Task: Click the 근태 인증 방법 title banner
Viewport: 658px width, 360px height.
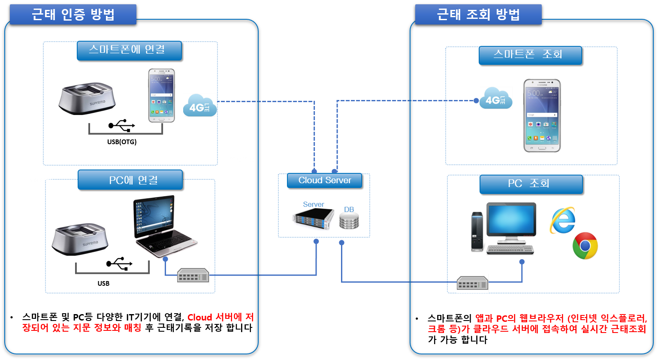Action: click(73, 14)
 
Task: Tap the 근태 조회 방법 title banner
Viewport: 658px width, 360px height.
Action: click(478, 14)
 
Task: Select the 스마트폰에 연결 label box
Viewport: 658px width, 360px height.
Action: click(129, 51)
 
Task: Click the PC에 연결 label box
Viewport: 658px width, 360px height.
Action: click(130, 179)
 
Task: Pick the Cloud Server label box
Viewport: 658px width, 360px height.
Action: click(325, 181)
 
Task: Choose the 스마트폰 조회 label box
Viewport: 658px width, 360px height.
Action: click(531, 55)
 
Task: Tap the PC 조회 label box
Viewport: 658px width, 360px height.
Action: click(531, 184)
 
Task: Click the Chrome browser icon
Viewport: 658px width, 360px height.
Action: click(585, 246)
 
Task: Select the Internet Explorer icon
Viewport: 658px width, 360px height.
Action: click(562, 221)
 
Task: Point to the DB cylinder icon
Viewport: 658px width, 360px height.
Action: click(349, 221)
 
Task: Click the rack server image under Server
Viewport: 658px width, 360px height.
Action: click(314, 218)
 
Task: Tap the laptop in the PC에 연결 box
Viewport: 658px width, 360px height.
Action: click(165, 226)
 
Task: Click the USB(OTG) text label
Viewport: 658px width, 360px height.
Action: click(122, 142)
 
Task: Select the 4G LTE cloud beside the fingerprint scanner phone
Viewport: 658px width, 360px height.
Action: click(200, 106)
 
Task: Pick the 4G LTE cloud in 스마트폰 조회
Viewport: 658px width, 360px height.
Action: click(496, 98)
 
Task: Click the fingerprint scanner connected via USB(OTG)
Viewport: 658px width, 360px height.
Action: click(87, 98)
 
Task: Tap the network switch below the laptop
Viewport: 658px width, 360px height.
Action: click(193, 275)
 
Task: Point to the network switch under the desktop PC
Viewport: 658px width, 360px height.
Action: click(472, 283)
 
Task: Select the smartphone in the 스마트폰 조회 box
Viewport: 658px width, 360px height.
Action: click(542, 115)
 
